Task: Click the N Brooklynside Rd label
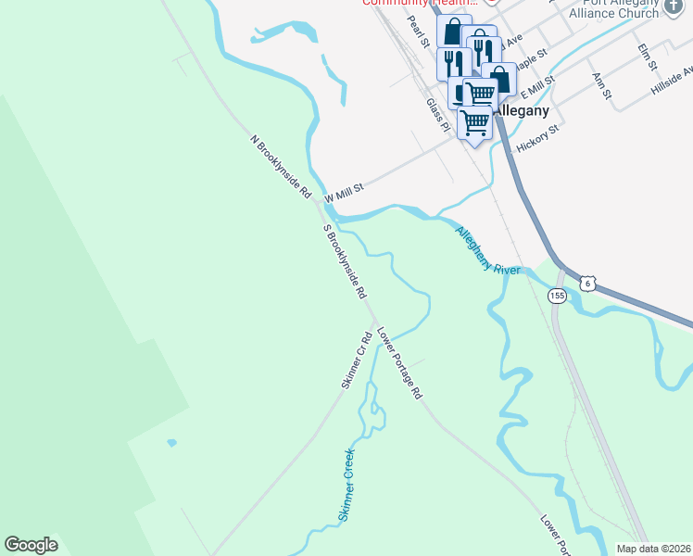tap(281, 168)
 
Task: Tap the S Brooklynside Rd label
tap(344, 261)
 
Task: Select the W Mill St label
tap(345, 191)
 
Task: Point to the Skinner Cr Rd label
tap(358, 362)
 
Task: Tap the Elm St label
tap(647, 56)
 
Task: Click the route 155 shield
tap(557, 296)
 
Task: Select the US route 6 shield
tap(586, 283)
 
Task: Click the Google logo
tap(31, 545)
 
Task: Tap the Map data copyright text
tap(653, 549)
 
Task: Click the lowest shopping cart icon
tap(475, 121)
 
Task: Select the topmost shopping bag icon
tap(454, 31)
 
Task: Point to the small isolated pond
tap(171, 443)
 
